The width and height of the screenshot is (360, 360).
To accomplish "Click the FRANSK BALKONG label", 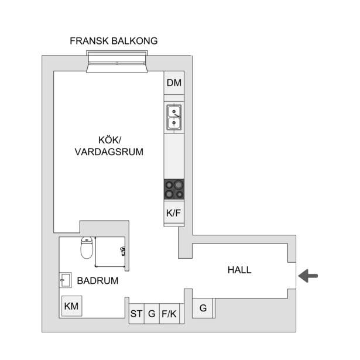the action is coord(114,41).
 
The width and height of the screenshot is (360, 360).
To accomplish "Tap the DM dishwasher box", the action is coord(174,83).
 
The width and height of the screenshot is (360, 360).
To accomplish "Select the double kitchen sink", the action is coord(174,117).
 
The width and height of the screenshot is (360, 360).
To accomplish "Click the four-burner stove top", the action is coord(174,190).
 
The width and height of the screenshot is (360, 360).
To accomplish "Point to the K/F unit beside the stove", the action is coord(174,213).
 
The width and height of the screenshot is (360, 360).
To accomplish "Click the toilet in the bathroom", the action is coord(87,248).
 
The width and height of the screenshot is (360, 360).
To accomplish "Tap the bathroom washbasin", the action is coord(66,280).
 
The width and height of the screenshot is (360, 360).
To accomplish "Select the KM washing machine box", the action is coord(71,306).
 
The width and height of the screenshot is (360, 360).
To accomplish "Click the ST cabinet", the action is coord(136,314).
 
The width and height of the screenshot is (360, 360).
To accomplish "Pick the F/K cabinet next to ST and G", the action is coord(169,314).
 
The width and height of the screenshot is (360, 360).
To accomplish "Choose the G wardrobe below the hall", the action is coord(203,308).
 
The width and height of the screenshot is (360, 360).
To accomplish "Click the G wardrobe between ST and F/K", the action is coord(152,314).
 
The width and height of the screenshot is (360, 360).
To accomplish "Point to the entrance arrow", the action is coord(308,276).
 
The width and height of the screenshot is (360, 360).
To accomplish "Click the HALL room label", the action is coord(239,270).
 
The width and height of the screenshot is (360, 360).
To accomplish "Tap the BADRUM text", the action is coord(98,280).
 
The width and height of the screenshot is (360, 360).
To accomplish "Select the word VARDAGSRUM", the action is coord(109,152).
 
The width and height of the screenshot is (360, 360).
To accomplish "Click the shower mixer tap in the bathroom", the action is coord(123,251).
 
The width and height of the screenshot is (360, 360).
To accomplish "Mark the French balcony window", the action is coord(117,62).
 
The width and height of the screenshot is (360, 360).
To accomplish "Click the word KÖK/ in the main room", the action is coord(109,140).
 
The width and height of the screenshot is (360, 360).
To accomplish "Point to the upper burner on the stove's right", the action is coord(179,185).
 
